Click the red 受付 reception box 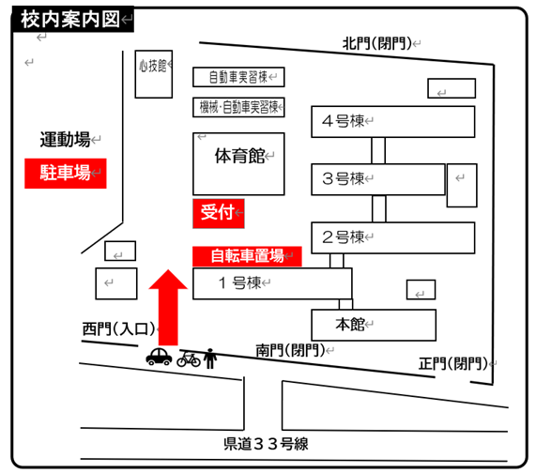click(219, 213)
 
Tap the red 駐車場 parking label click(66, 174)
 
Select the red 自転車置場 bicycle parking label click(247, 256)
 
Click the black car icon click(159, 357)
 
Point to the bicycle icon click(189, 359)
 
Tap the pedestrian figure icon click(210, 359)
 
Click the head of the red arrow click(168, 280)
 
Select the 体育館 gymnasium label click(240, 156)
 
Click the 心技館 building click(154, 74)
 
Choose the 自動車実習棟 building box click(238, 77)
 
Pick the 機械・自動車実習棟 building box click(238, 107)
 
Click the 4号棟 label click(343, 121)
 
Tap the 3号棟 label click(343, 178)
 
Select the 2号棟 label click(343, 236)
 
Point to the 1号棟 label click(239, 283)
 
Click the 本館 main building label click(350, 325)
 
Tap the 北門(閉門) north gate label click(377, 43)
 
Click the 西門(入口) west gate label click(118, 329)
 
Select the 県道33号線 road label click(266, 444)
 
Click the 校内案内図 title click(70, 19)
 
